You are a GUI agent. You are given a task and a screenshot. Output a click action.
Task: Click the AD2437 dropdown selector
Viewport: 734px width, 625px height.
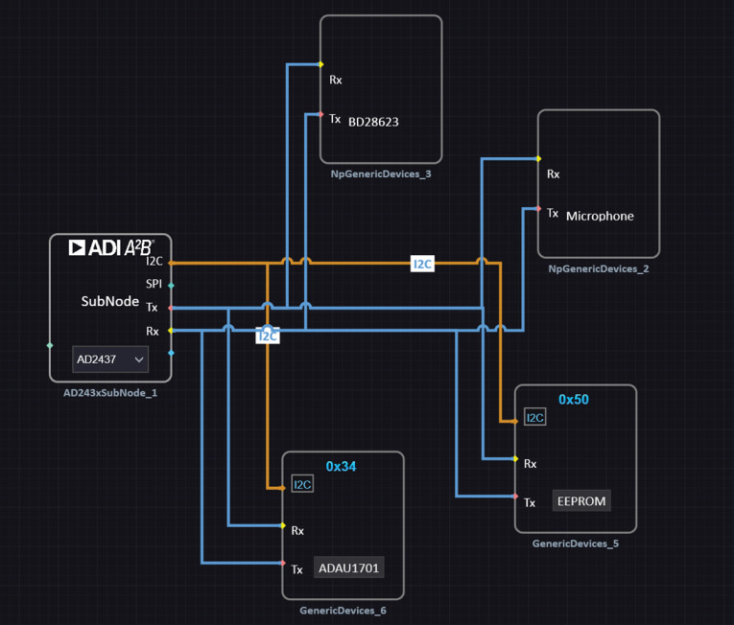pos(110,359)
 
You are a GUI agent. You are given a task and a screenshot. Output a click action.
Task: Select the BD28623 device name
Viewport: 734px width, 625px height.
pos(373,122)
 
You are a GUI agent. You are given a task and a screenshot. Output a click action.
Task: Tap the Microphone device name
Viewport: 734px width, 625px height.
pos(600,216)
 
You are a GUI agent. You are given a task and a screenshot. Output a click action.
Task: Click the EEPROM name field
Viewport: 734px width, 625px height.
pos(581,500)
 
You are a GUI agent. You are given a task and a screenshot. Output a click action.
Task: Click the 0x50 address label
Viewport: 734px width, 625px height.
pos(573,399)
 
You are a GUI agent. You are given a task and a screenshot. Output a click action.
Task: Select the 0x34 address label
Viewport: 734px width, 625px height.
pos(341,466)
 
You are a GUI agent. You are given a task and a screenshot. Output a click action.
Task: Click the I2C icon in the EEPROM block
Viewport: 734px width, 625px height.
pos(535,417)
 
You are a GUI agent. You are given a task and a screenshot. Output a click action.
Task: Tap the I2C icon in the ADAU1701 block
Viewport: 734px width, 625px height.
pos(302,485)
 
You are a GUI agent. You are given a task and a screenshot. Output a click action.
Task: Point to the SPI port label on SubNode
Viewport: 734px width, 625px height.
pos(154,284)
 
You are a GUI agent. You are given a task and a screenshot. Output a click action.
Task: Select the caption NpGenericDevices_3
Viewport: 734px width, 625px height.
pos(380,174)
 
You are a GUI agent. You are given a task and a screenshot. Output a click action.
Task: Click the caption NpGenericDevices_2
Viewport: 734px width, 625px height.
pos(598,268)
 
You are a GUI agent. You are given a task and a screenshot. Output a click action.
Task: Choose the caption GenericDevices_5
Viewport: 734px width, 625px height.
pos(575,543)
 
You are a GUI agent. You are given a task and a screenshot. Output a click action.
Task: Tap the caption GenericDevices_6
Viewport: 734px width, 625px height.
pos(343,610)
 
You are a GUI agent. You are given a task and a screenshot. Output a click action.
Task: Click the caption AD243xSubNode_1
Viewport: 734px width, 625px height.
pos(109,392)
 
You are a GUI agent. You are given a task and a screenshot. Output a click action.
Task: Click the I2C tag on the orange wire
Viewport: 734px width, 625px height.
pos(422,264)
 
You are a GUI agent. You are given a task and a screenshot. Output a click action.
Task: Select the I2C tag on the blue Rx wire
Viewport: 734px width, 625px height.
pos(268,336)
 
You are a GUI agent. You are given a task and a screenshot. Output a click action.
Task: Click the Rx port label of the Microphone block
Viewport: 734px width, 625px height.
pos(553,174)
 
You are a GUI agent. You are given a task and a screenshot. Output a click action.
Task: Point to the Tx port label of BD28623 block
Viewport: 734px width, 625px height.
pos(335,119)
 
